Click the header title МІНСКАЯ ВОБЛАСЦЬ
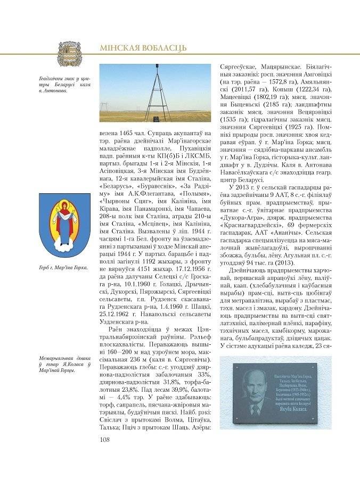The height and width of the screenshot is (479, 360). (143, 48)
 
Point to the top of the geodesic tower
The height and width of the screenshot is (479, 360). (157, 66)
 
